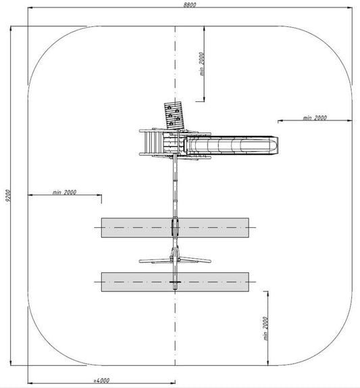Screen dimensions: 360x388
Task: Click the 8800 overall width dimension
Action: tap(190, 5)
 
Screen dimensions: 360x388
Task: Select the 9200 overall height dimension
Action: tap(8, 196)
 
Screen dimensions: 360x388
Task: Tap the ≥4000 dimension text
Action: tap(101, 381)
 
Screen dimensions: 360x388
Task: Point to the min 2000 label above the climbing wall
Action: tap(202, 64)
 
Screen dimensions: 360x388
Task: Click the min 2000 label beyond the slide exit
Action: tap(315, 118)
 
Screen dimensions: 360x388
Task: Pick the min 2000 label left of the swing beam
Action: tap(64, 192)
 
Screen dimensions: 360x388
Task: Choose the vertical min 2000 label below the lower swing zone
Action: tap(265, 329)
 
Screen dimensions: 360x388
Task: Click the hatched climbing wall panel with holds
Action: tap(174, 116)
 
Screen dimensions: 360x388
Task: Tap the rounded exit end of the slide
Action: tap(274, 145)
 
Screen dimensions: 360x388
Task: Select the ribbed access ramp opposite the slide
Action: tap(151, 143)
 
